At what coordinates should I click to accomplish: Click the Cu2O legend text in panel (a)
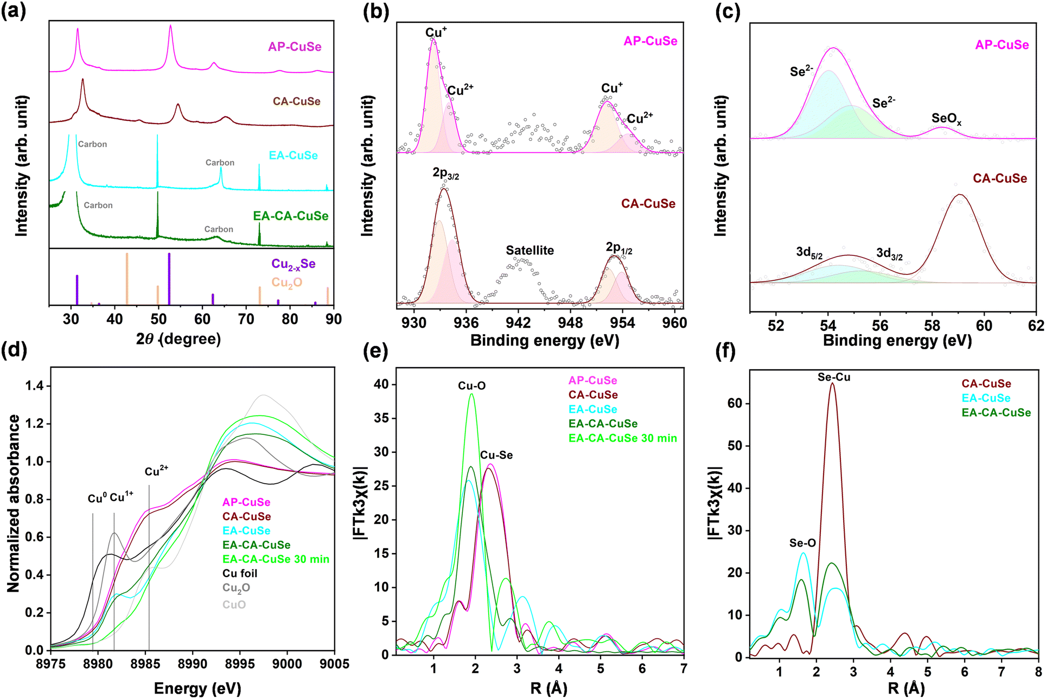click(286, 283)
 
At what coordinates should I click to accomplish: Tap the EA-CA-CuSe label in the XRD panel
click(291, 216)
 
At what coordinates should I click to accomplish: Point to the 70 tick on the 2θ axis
click(246, 319)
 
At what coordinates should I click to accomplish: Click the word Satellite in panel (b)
click(530, 251)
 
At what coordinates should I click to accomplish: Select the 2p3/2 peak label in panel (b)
click(445, 174)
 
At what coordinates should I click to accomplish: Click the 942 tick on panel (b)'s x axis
click(518, 323)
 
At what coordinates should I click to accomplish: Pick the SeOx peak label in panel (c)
click(946, 119)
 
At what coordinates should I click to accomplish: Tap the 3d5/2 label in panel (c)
click(809, 253)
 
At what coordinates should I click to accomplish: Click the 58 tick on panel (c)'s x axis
click(932, 325)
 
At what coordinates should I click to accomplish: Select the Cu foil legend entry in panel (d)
click(240, 574)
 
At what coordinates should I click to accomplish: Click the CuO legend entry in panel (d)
click(234, 605)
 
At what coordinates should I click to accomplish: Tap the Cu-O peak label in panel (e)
click(471, 386)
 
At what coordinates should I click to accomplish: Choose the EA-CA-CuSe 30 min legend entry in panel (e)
click(622, 438)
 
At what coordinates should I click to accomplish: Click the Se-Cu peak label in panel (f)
click(834, 377)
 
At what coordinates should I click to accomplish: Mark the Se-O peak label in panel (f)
click(802, 543)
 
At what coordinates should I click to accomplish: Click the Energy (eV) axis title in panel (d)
click(197, 689)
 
